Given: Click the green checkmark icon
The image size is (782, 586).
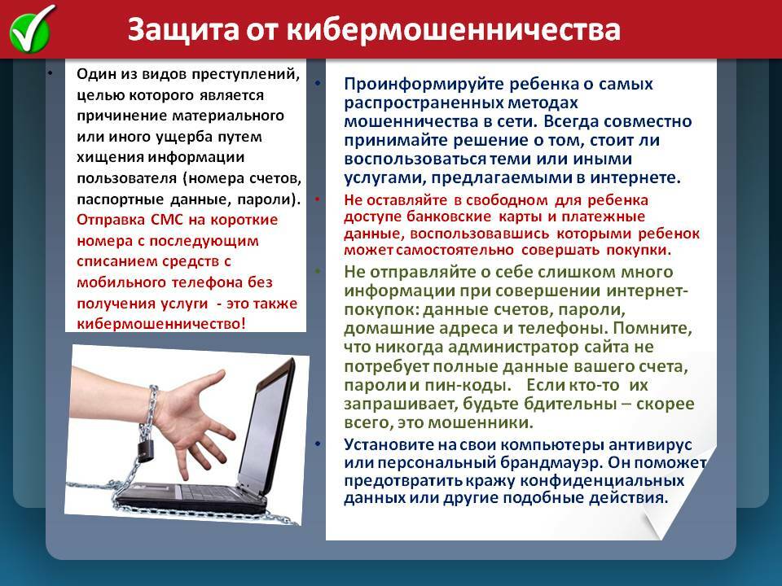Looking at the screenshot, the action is (31, 29).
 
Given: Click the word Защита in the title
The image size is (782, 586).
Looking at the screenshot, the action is (183, 30).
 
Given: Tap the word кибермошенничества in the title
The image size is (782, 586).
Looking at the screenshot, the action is (454, 30).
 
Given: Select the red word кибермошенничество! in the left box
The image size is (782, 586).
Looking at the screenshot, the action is (161, 324).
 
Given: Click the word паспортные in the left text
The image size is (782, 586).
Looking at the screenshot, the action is (121, 199).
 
